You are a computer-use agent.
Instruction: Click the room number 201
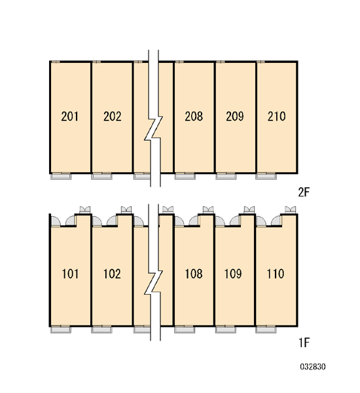click(x=69, y=117)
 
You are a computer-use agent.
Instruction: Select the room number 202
click(x=112, y=117)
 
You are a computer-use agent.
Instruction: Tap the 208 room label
click(x=194, y=117)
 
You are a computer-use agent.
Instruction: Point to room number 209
click(x=235, y=117)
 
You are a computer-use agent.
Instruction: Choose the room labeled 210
click(x=276, y=117)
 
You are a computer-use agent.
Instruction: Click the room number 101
click(x=70, y=274)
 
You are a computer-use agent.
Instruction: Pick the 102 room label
click(x=112, y=274)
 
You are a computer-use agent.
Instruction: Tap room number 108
click(x=194, y=274)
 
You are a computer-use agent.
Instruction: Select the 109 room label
click(x=233, y=274)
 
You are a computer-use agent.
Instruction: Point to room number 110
click(x=276, y=274)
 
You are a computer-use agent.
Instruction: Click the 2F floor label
click(x=304, y=193)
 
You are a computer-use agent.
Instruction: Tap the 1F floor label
click(x=304, y=343)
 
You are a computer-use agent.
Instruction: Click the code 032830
click(x=313, y=367)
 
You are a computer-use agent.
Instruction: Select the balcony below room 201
click(x=61, y=176)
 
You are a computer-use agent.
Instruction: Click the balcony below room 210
click(x=266, y=176)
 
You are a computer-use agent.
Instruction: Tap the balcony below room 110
click(x=266, y=330)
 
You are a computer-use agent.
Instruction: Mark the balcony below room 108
click(x=185, y=330)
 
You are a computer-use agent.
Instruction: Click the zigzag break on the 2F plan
click(x=154, y=128)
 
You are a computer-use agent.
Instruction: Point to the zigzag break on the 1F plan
click(x=154, y=282)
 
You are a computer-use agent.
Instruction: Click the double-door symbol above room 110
click(x=291, y=210)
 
